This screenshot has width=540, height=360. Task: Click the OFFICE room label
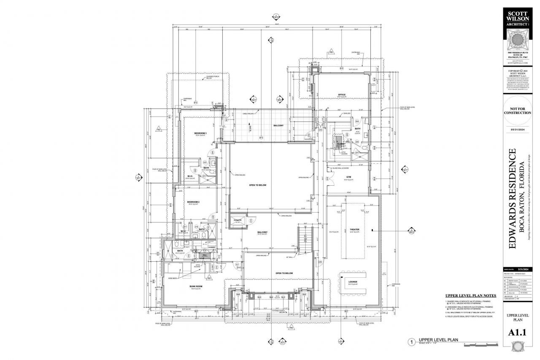click(x=341, y=95)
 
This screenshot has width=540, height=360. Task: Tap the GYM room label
click(x=348, y=177)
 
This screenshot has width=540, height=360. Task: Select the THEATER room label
click(x=354, y=229)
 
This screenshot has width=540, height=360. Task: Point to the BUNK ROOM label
click(x=197, y=286)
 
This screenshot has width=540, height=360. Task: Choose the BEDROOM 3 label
click(x=200, y=133)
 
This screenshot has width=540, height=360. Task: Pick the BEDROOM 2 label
click(x=193, y=202)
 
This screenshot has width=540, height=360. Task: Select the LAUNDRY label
click(x=212, y=248)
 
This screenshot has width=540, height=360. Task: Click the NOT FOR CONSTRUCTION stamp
click(x=517, y=111)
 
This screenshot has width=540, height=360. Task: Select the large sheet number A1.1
click(x=517, y=333)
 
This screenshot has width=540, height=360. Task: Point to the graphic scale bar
click(x=481, y=344)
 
